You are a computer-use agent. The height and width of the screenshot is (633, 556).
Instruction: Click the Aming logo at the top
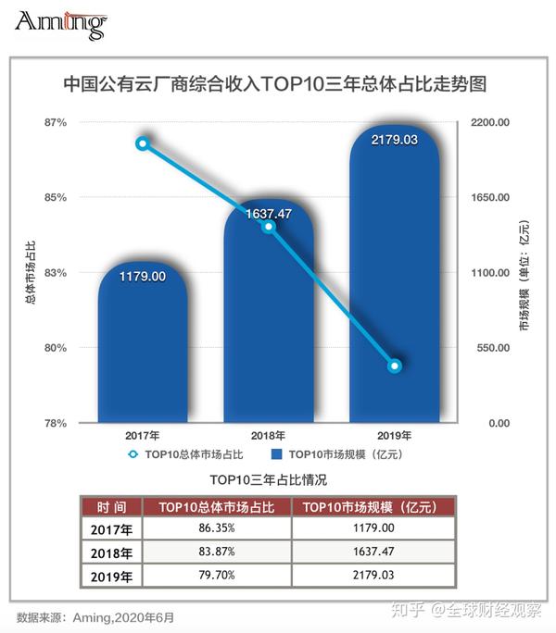(x=60, y=24)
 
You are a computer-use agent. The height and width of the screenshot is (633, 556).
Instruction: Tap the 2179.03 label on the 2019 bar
(x=395, y=140)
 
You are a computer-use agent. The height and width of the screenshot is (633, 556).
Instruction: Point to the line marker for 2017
(x=143, y=143)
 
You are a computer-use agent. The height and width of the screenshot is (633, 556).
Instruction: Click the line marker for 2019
(x=395, y=366)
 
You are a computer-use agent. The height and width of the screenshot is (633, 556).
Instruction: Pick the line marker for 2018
(x=269, y=227)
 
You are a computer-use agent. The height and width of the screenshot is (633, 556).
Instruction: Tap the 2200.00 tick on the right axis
(x=492, y=122)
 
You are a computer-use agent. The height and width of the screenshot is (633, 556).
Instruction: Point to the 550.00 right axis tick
(x=492, y=348)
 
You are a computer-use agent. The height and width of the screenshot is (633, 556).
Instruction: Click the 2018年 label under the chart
(x=269, y=435)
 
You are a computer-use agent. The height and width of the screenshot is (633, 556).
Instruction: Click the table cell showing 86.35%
(x=219, y=528)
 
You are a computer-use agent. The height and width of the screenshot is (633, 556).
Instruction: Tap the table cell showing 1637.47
(x=373, y=552)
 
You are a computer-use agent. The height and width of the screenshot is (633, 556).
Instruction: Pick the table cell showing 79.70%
(x=219, y=576)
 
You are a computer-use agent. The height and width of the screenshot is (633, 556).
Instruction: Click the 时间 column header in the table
(x=111, y=507)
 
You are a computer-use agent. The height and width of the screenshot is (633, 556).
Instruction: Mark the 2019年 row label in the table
(x=111, y=577)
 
